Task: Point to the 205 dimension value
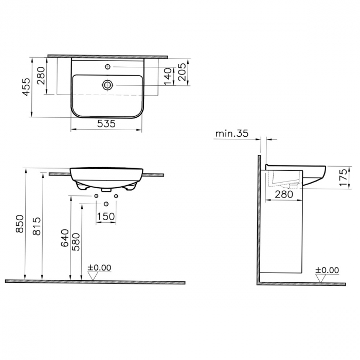[181, 72]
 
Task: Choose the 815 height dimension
[35, 224]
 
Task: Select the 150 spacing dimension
[106, 217]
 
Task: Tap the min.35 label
[231, 134]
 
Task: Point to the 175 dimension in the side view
[344, 177]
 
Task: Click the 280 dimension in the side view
[284, 194]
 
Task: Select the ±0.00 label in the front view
[99, 267]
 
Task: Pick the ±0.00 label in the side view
[327, 270]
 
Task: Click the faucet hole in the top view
[107, 66]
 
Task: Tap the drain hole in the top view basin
[107, 85]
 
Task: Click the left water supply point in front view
[96, 196]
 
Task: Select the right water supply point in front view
[116, 196]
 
